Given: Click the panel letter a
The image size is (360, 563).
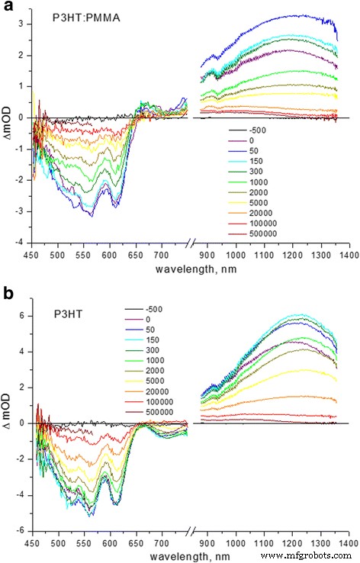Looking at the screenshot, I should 6,8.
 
